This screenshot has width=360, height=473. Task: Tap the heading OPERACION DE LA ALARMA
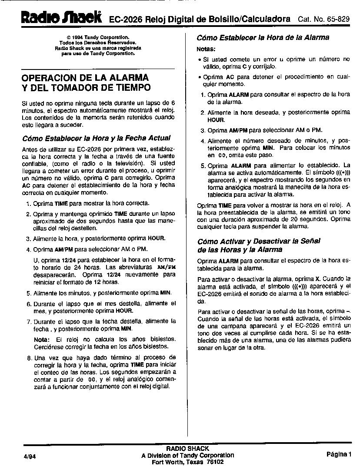(x=85, y=78)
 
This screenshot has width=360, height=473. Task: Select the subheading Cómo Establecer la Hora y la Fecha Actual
(x=96, y=138)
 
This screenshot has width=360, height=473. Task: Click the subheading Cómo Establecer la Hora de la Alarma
(x=263, y=38)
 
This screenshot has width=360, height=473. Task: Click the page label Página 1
(x=339, y=454)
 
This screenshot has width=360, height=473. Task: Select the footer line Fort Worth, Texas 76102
(x=187, y=462)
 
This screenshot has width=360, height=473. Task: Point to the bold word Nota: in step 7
(x=42, y=339)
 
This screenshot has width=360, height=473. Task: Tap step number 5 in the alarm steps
(x=203, y=166)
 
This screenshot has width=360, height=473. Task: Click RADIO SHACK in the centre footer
(x=187, y=448)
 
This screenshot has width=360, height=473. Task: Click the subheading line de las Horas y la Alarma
(x=240, y=250)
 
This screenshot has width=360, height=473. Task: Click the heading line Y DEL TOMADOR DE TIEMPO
(x=86, y=88)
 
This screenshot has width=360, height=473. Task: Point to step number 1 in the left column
(x=28, y=203)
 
